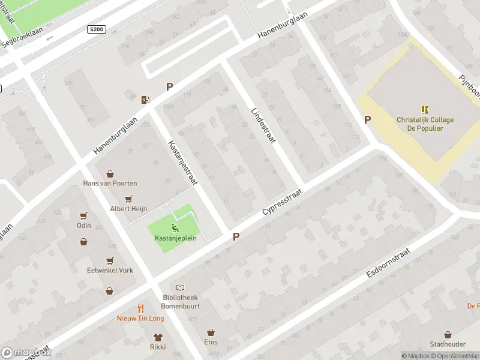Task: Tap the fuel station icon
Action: (145, 99)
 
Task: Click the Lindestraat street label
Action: (262, 124)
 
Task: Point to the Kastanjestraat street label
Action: (184, 162)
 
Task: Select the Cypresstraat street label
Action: (281, 205)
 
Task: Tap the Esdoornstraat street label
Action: (388, 263)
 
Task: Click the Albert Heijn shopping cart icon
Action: (128, 199)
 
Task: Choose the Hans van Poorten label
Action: (110, 183)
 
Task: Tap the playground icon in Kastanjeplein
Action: (175, 227)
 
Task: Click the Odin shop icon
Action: (83, 215)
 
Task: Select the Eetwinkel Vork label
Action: (110, 271)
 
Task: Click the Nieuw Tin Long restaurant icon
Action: (140, 308)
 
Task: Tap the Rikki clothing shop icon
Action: (158, 337)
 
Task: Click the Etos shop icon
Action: (211, 332)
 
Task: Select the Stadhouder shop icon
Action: (448, 335)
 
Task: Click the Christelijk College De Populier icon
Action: (425, 110)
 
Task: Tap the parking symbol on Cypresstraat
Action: (236, 237)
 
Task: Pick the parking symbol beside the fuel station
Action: (169, 87)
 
